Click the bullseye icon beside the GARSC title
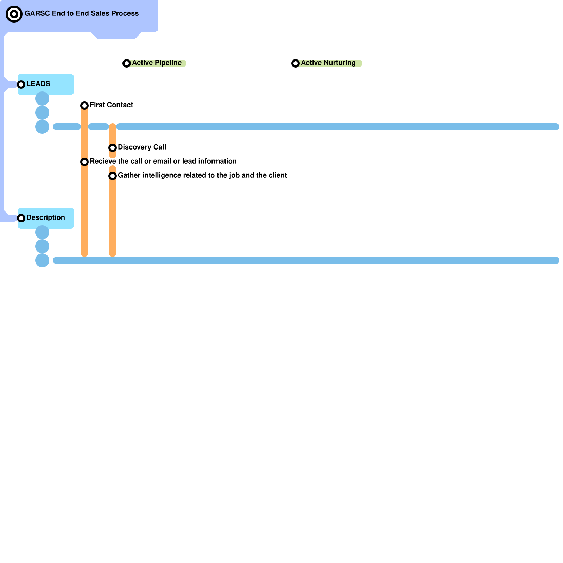click(14, 14)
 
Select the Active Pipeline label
click(157, 63)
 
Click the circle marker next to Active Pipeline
click(127, 63)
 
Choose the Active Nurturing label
click(328, 63)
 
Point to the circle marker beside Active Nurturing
click(296, 63)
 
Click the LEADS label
click(38, 84)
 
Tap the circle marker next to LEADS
click(21, 84)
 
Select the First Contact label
click(111, 105)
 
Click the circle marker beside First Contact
click(84, 106)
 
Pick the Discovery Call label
click(142, 147)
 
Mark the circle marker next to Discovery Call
click(113, 148)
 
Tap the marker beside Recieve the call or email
click(84, 162)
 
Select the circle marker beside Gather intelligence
click(113, 176)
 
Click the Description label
click(45, 217)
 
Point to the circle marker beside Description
click(21, 218)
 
